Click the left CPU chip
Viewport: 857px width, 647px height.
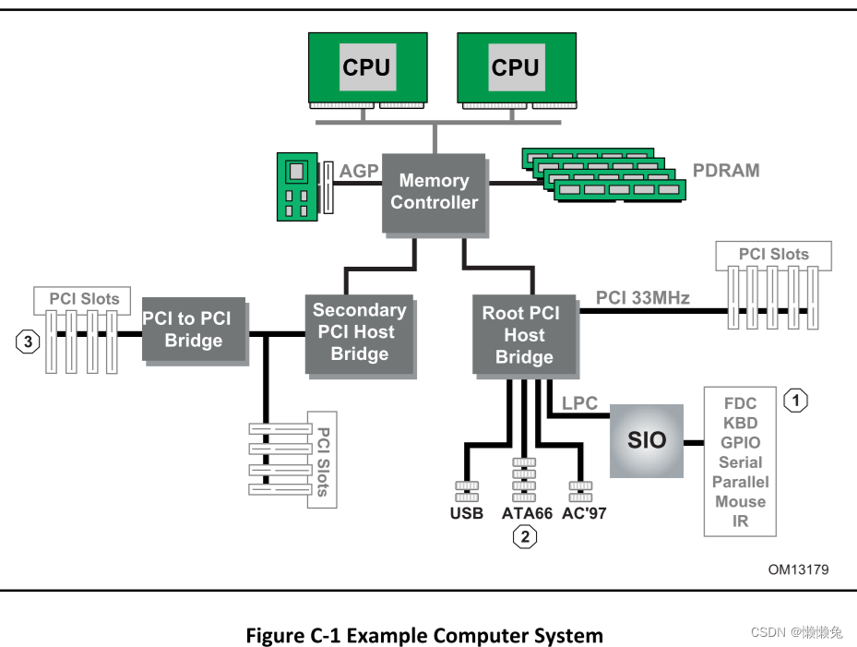(366, 66)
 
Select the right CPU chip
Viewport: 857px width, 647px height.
(515, 66)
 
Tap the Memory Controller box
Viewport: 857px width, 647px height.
(434, 192)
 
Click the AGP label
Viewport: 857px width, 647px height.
(359, 172)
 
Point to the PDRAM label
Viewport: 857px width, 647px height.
(726, 171)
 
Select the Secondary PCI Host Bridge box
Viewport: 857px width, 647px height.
(359, 332)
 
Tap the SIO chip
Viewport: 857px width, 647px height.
(646, 440)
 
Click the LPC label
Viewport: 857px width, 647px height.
(579, 403)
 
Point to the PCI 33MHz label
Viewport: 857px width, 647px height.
(642, 297)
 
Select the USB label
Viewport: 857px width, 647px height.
(467, 513)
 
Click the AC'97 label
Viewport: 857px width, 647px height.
(583, 513)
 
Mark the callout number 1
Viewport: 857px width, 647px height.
(795, 401)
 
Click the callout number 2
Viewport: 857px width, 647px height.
(525, 536)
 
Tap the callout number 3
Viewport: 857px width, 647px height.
(29, 341)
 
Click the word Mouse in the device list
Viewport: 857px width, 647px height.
(740, 501)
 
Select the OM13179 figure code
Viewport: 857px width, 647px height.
(798, 569)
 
